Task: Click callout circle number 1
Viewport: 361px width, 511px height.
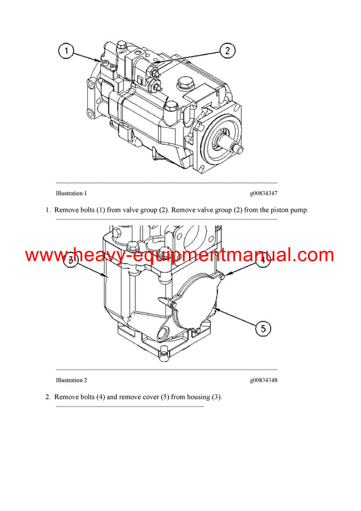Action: pyautogui.click(x=67, y=52)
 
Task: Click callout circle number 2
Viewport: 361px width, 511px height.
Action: pyautogui.click(x=226, y=51)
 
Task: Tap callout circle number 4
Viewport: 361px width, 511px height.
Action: pyautogui.click(x=262, y=260)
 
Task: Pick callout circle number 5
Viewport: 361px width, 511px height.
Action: pyautogui.click(x=262, y=328)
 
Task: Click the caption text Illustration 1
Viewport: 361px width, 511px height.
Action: pyautogui.click(x=71, y=194)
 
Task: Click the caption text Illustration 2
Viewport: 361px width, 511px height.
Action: pyautogui.click(x=71, y=380)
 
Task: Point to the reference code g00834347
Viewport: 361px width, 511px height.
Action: pyautogui.click(x=264, y=194)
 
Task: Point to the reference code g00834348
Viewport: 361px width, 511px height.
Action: pyautogui.click(x=264, y=380)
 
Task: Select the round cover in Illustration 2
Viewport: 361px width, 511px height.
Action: pyautogui.click(x=193, y=299)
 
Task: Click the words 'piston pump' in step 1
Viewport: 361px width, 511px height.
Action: pyautogui.click(x=290, y=210)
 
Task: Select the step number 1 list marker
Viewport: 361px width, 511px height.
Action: pyautogui.click(x=48, y=210)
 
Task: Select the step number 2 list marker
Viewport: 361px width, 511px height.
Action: pyautogui.click(x=48, y=397)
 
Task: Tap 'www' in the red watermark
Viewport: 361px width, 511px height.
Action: pyautogui.click(x=45, y=255)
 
